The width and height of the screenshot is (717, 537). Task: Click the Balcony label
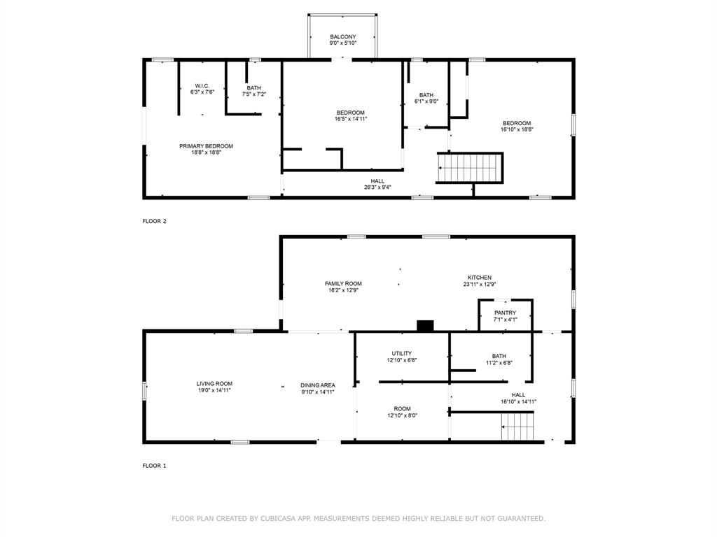tap(343, 37)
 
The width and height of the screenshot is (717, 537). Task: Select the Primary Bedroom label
tap(206, 146)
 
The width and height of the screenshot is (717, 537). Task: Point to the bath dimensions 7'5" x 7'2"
tap(253, 94)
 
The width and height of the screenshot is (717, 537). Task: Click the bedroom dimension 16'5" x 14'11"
tap(350, 119)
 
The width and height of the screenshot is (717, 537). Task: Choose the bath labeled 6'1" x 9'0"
tap(426, 98)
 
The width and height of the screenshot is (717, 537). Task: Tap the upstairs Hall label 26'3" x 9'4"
tap(377, 184)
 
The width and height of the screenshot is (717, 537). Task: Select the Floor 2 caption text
tap(155, 221)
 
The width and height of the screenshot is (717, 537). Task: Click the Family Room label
tap(343, 283)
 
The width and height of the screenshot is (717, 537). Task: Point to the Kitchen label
tap(480, 278)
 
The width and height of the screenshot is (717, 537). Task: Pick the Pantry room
tap(505, 315)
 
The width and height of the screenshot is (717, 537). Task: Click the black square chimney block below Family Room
tap(425, 325)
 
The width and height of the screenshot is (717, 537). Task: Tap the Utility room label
tap(401, 354)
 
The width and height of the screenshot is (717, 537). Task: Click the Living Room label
tap(214, 383)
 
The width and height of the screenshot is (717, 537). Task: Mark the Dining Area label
tap(317, 385)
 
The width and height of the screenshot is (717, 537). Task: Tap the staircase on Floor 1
tap(518, 427)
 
